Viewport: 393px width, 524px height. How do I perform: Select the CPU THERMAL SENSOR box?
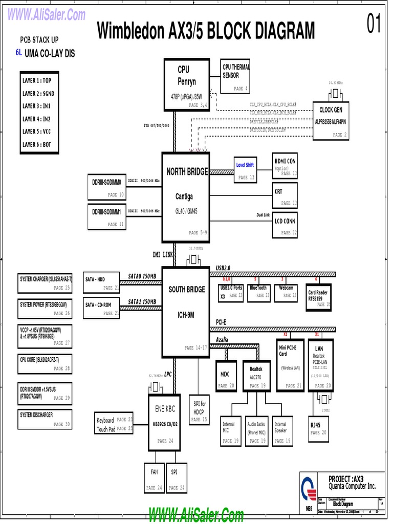click(x=236, y=76)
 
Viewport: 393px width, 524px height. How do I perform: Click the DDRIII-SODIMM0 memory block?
click(x=106, y=187)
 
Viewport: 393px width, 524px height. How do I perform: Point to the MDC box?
click(x=226, y=379)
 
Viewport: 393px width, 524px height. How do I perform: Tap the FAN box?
click(x=154, y=477)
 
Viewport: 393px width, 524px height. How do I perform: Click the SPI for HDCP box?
click(x=199, y=409)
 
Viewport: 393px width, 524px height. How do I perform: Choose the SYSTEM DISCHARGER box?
click(x=45, y=419)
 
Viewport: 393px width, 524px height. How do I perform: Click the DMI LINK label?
click(x=163, y=254)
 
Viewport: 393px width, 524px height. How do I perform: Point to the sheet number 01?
click(x=374, y=25)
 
